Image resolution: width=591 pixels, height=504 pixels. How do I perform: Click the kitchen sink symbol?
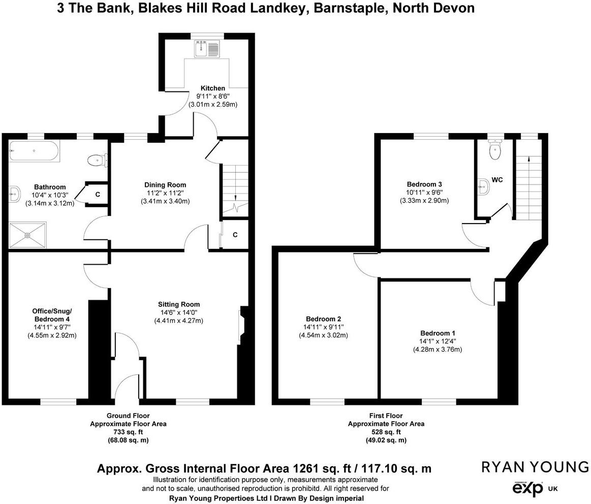click(x=207, y=49)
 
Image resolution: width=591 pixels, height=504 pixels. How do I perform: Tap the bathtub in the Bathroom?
click(x=34, y=151)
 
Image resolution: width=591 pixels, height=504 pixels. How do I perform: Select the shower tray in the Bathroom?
click(x=27, y=235)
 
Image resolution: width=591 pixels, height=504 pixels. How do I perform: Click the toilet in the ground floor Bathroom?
click(x=97, y=161)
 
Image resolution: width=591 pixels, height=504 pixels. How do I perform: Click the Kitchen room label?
click(x=212, y=88)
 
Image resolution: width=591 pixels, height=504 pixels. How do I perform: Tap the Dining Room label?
click(x=165, y=185)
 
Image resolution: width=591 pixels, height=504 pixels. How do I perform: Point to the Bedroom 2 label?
click(x=323, y=319)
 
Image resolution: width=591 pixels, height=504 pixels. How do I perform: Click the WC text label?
click(x=497, y=180)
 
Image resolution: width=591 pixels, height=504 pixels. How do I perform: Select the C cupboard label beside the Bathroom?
click(x=97, y=195)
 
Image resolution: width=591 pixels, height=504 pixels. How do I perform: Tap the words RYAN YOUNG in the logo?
click(x=535, y=467)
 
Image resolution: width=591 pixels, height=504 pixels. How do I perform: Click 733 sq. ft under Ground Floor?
click(x=128, y=432)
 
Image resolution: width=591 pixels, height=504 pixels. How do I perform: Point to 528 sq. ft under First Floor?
click(x=386, y=432)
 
